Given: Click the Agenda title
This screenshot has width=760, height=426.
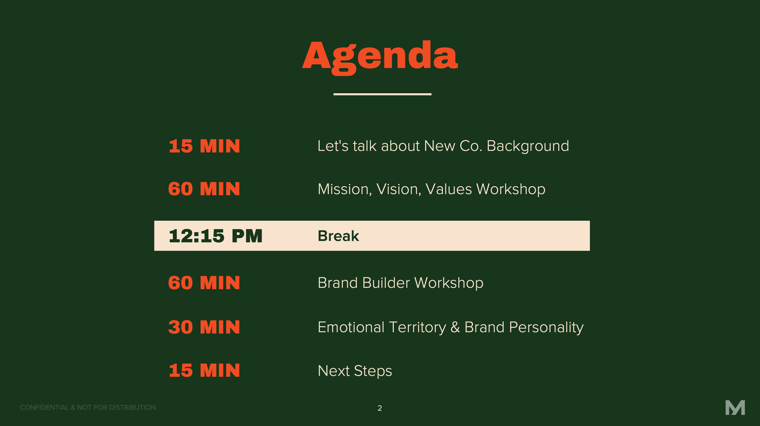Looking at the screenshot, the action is point(380,57).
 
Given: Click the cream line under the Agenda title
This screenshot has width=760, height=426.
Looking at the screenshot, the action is point(382,94).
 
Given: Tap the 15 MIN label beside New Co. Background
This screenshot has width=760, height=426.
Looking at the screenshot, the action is point(204,146).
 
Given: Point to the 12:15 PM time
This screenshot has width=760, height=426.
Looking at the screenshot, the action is point(215,236).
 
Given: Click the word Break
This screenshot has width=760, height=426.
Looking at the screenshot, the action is point(338,236).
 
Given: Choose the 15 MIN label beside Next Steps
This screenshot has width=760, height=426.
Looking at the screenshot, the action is point(204,371).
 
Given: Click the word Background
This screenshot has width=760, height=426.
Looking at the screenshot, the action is point(528,146).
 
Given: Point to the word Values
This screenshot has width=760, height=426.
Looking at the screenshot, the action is point(449,189).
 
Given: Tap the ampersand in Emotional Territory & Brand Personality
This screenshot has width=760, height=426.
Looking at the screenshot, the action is point(455,327).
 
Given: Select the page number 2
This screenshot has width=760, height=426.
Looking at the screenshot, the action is point(380,408).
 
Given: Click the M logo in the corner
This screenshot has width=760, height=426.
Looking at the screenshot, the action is point(735,408).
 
